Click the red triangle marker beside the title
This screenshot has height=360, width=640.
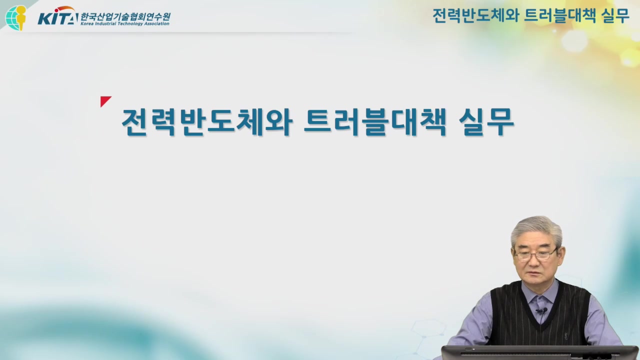(104, 101)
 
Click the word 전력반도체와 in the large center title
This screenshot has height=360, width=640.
(206, 121)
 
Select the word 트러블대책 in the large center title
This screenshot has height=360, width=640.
(374, 121)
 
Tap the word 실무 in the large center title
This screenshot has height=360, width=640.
(486, 121)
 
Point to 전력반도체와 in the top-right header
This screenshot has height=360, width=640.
(475, 16)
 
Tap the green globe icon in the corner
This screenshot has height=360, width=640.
(15, 17)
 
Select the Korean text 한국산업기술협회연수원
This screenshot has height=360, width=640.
(125, 15)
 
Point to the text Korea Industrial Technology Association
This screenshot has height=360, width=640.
(125, 23)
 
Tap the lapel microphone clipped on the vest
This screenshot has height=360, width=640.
(541, 311)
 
